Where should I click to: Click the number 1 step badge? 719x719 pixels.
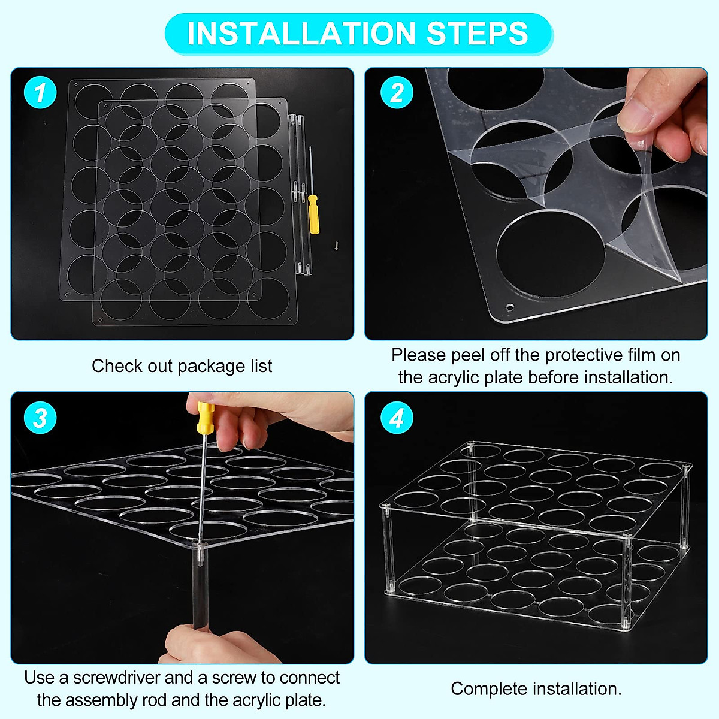tap(40, 92)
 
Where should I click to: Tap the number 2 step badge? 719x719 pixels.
tap(397, 92)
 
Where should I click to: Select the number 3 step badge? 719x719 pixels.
tap(40, 418)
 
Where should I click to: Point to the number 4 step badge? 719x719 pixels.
tap(397, 418)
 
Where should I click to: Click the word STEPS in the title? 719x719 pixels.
tap(477, 34)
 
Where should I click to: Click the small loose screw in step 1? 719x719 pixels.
tap(336, 246)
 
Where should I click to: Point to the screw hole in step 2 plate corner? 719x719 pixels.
tap(509, 308)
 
